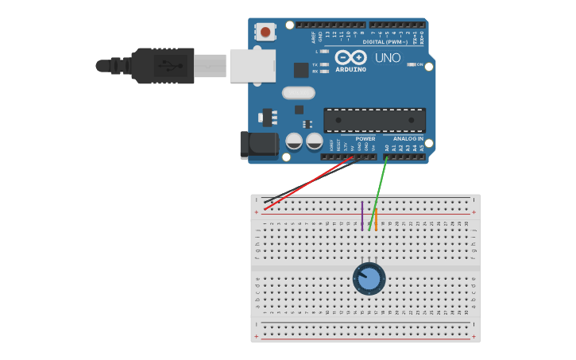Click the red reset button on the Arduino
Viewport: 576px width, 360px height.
265,32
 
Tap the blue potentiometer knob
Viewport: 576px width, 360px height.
369,279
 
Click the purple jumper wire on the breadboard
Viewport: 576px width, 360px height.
362,215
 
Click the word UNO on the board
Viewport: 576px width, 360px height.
388,58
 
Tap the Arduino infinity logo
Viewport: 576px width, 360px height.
350,57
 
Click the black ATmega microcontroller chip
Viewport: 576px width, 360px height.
374,120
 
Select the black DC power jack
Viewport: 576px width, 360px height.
259,145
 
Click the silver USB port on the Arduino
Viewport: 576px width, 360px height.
253,66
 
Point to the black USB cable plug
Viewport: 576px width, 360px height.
163,65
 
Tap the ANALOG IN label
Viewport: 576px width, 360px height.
408,139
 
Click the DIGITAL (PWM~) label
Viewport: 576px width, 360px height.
385,41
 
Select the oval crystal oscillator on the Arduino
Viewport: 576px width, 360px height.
298,93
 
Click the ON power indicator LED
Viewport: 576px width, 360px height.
412,64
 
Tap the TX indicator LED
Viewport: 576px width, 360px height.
324,64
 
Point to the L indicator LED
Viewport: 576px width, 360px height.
324,52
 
